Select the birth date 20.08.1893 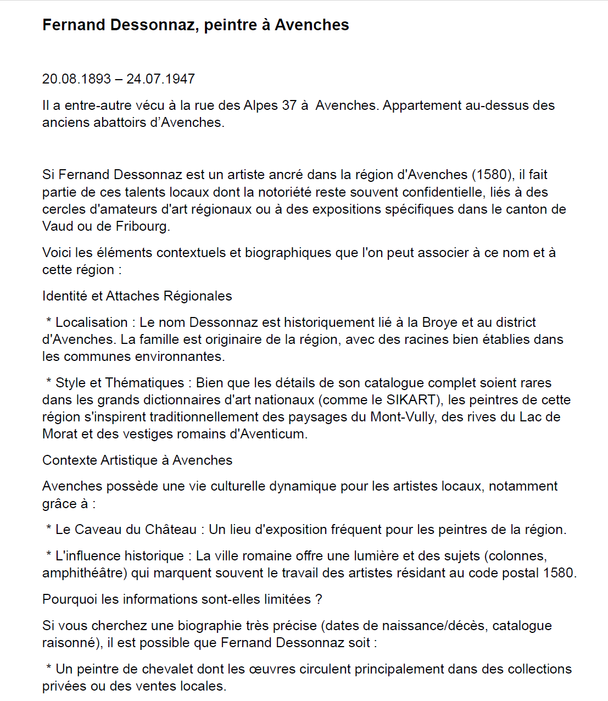[x=76, y=79]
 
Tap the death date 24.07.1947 [x=160, y=79]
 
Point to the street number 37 [x=289, y=105]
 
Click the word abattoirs [x=120, y=123]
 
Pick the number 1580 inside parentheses [x=492, y=175]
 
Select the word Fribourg [x=142, y=226]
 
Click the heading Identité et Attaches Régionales [x=137, y=296]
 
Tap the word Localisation [x=91, y=322]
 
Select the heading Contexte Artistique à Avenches [x=137, y=460]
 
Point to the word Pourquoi [x=70, y=599]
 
